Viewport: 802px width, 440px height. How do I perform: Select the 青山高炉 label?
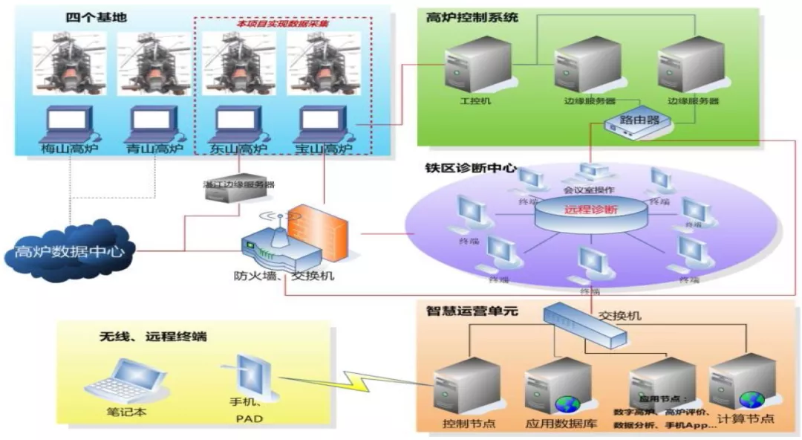[154, 149]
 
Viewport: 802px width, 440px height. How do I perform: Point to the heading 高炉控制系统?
[472, 16]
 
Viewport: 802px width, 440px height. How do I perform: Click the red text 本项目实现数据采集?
[282, 24]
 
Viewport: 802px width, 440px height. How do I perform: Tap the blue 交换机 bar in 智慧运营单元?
[584, 326]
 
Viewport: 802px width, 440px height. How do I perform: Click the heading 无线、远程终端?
[153, 337]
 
